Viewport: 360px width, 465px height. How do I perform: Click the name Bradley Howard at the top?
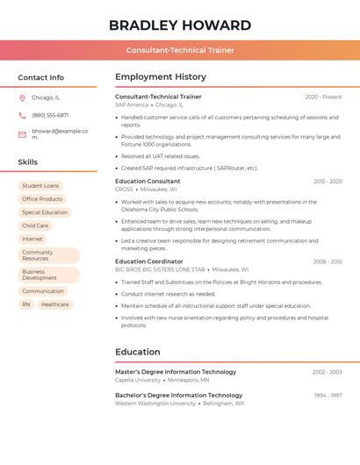[180, 25]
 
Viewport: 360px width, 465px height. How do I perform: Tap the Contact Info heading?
[41, 77]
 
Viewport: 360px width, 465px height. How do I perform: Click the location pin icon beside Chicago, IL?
[22, 97]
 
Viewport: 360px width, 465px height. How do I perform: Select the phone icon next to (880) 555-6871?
[22, 115]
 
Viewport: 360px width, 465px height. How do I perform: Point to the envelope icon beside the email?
[22, 134]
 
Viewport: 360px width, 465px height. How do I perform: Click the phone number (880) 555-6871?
[50, 115]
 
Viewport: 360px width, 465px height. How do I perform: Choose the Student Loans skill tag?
[40, 186]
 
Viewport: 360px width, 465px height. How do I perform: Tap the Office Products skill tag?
[42, 199]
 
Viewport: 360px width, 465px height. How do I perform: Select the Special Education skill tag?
[45, 212]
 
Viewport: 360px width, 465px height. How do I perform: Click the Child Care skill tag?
[35, 225]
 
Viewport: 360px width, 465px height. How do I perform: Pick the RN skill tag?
[26, 304]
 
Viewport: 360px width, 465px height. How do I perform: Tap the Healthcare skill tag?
[54, 304]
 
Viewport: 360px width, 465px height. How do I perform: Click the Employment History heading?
[161, 77]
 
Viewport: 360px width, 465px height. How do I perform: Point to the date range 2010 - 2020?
[328, 182]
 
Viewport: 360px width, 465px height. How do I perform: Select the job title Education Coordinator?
[149, 261]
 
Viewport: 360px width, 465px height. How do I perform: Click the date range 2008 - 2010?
[328, 261]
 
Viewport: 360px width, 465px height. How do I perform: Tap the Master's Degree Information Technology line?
[176, 372]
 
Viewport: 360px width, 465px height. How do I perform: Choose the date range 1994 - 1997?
[328, 396]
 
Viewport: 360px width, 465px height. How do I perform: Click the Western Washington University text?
[155, 404]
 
